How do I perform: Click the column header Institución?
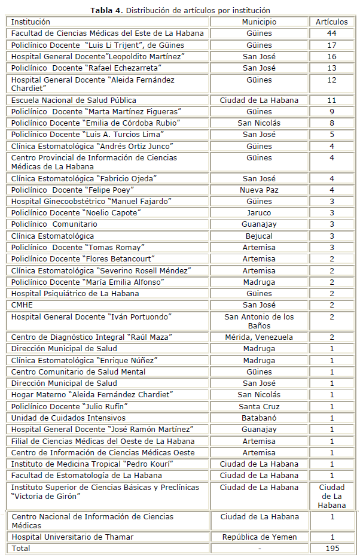30,22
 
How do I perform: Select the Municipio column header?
259,22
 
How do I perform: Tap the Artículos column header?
331,22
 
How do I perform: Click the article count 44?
331,34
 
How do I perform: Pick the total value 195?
331,548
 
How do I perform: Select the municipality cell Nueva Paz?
259,190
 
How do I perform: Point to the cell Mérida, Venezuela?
259,337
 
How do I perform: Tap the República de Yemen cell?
259,537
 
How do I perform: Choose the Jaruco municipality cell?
259,213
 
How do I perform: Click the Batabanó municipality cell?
259,418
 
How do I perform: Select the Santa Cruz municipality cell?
259,406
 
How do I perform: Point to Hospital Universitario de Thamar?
72,537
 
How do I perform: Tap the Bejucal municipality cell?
259,236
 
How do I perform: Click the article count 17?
331,45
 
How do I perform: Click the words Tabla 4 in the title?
106,10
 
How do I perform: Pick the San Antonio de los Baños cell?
259,321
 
